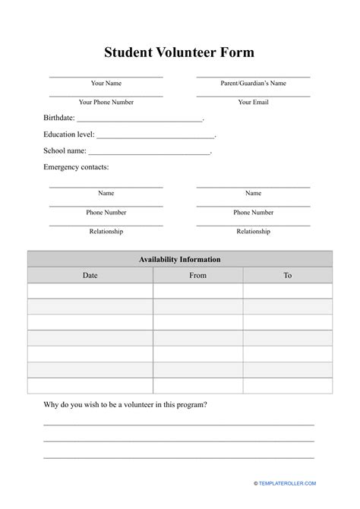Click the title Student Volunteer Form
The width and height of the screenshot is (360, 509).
click(179, 52)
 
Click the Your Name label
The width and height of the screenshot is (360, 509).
click(106, 83)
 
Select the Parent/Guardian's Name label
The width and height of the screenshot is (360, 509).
click(253, 83)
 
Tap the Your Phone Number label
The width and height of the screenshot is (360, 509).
click(106, 101)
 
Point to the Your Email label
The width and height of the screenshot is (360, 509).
click(253, 101)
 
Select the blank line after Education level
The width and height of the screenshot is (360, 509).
click(156, 136)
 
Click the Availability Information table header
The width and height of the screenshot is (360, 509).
click(179, 259)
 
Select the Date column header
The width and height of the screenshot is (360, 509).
click(90, 275)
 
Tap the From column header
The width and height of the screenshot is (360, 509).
click(197, 275)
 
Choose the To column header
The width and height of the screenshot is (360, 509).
click(287, 275)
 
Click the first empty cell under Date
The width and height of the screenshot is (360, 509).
click(90, 291)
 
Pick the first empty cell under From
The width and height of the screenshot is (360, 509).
click(197, 291)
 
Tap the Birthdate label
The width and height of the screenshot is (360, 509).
click(58, 119)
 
